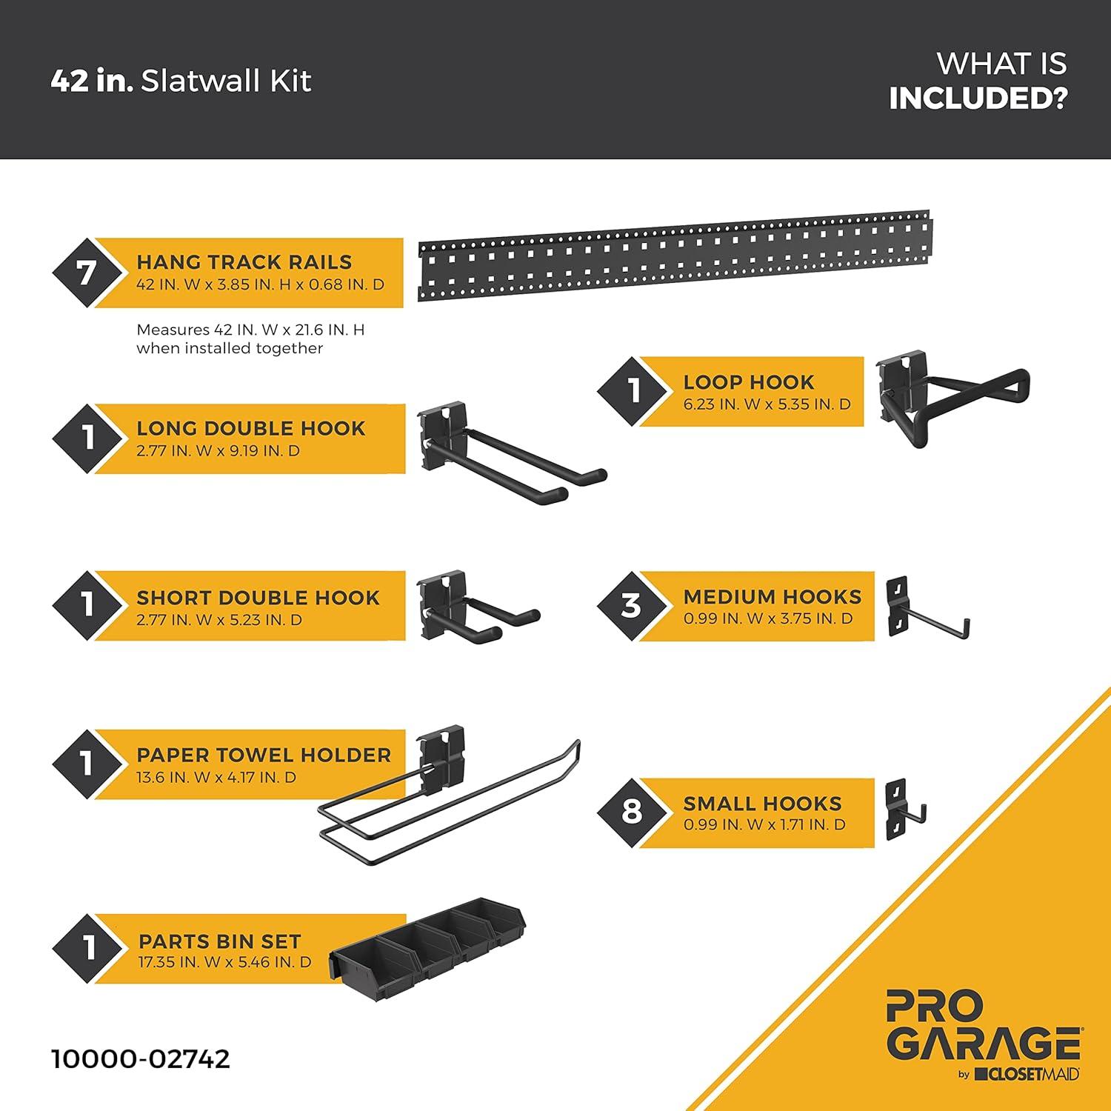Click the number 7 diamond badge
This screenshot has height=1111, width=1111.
(x=87, y=273)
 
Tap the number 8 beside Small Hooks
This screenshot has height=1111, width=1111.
(x=631, y=812)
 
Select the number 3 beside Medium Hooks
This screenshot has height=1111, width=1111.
(x=631, y=606)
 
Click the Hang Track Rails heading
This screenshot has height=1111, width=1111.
(x=244, y=262)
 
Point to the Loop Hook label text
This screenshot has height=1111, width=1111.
(x=749, y=382)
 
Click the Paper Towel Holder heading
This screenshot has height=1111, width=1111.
(x=264, y=755)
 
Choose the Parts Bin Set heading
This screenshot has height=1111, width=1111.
(x=220, y=941)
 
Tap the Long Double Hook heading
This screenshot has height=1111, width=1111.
(x=251, y=428)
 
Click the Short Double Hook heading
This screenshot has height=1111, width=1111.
(x=258, y=598)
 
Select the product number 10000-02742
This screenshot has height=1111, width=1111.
(x=141, y=1058)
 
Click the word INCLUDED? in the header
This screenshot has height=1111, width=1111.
(x=978, y=99)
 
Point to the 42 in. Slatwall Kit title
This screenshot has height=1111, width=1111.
(x=181, y=81)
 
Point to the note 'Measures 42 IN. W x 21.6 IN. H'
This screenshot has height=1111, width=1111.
(x=250, y=330)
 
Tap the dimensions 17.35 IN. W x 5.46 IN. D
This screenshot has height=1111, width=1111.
(x=224, y=962)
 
